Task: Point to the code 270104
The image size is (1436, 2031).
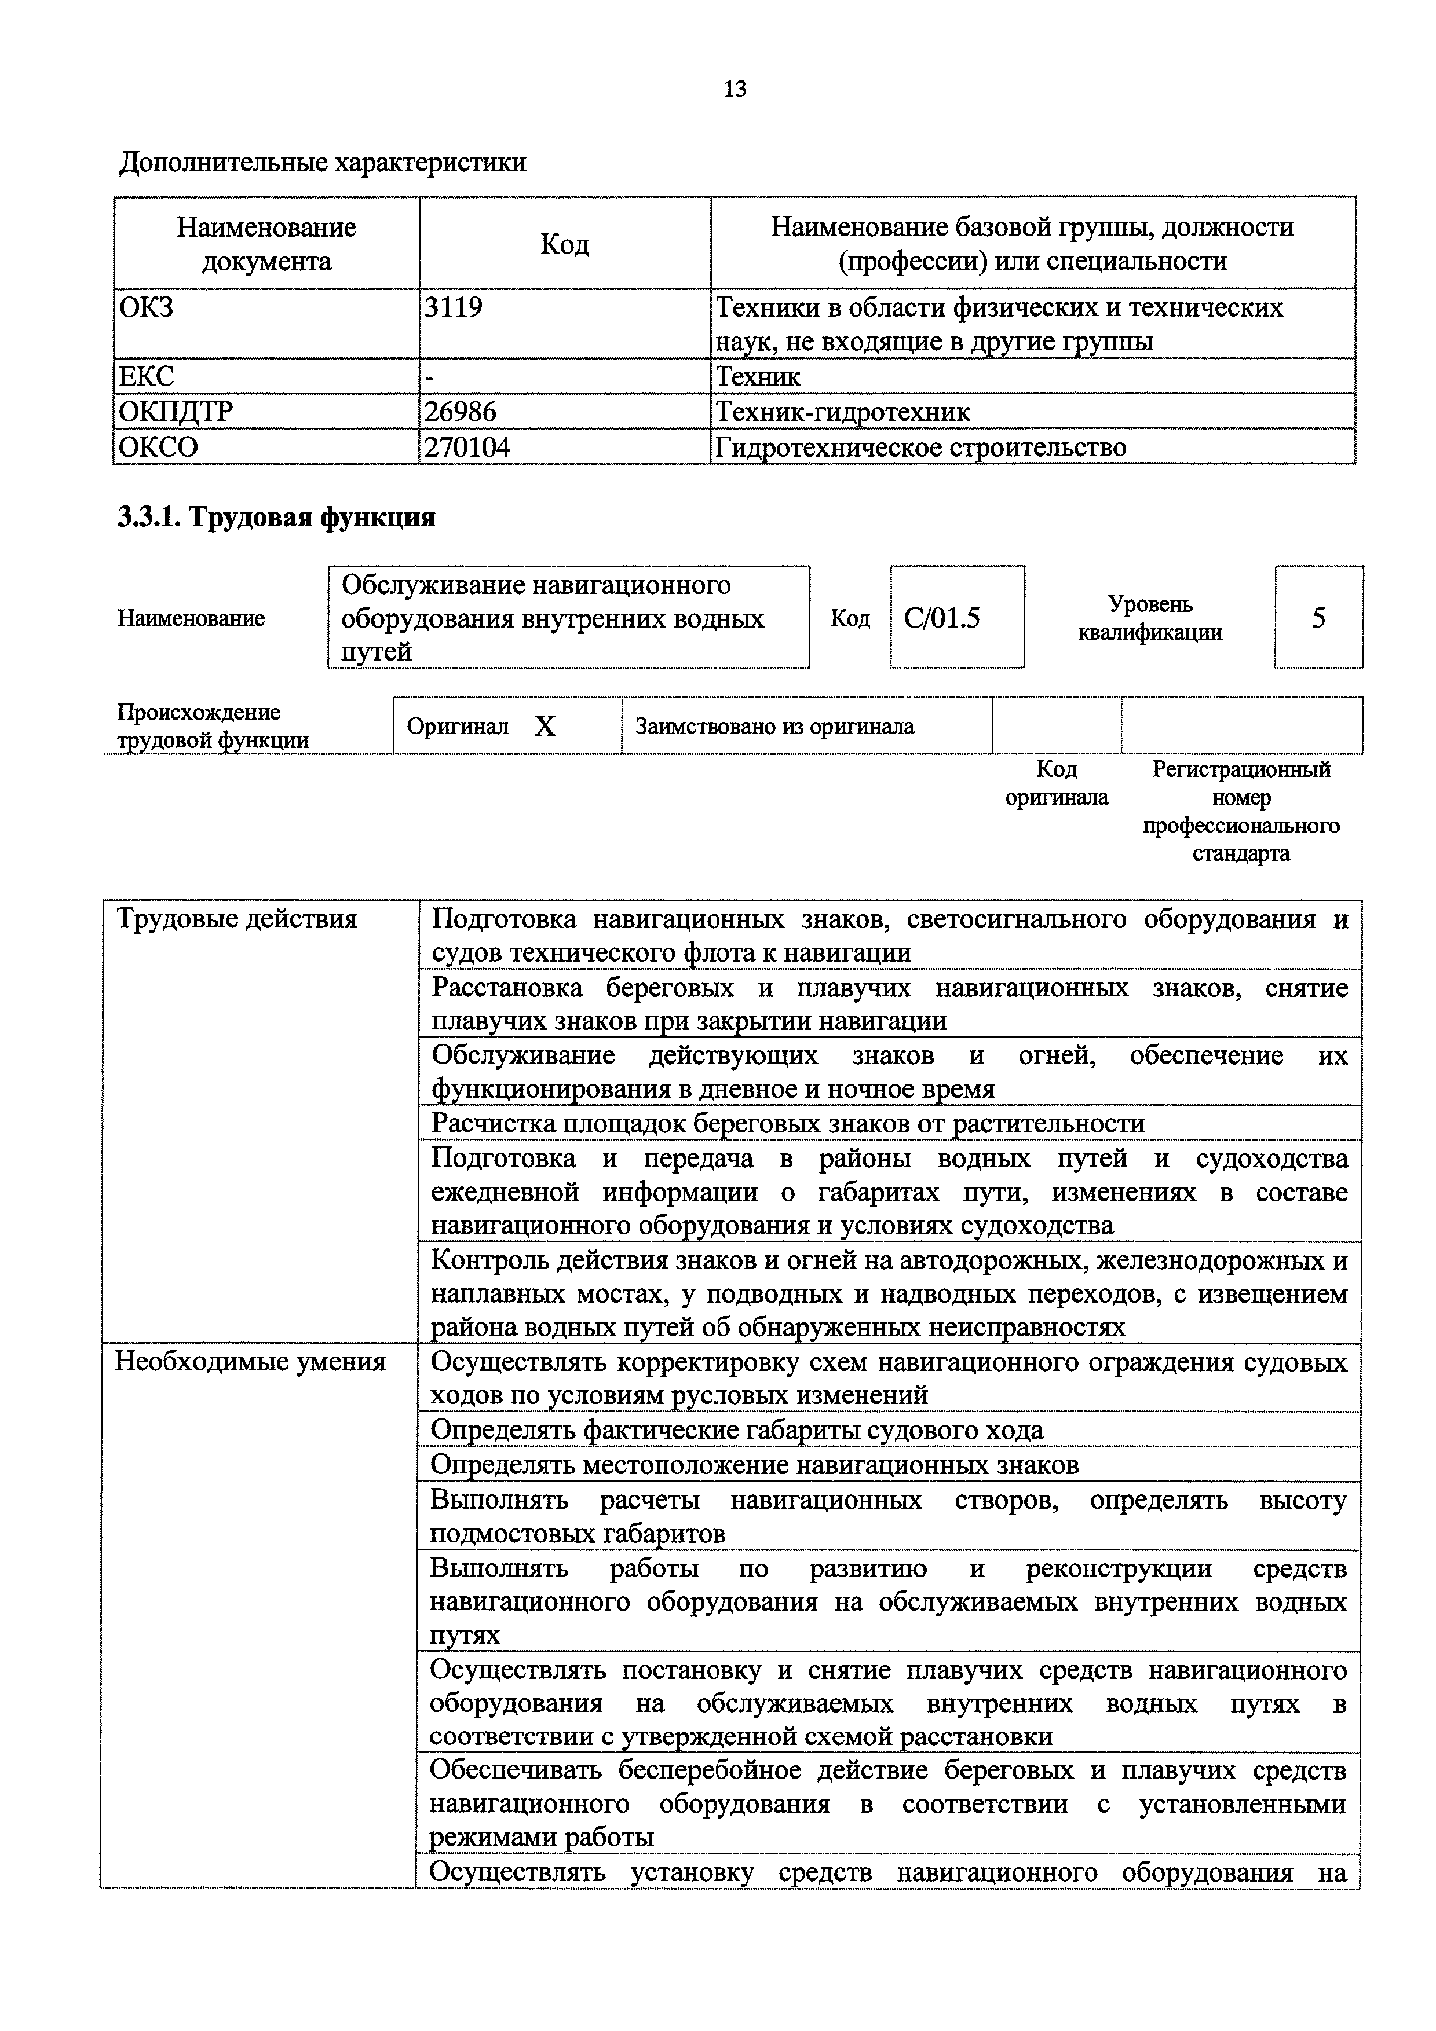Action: (467, 448)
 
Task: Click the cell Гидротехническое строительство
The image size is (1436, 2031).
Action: (920, 448)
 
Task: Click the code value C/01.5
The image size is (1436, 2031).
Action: (942, 617)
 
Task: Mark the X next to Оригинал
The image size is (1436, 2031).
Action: (545, 726)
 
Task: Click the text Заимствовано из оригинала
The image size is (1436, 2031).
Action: (774, 726)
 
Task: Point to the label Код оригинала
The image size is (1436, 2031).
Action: (1057, 783)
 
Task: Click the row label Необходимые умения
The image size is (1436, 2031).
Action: (250, 1361)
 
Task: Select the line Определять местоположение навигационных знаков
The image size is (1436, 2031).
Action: (754, 1465)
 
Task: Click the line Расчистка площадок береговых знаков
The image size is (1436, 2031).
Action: (787, 1123)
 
